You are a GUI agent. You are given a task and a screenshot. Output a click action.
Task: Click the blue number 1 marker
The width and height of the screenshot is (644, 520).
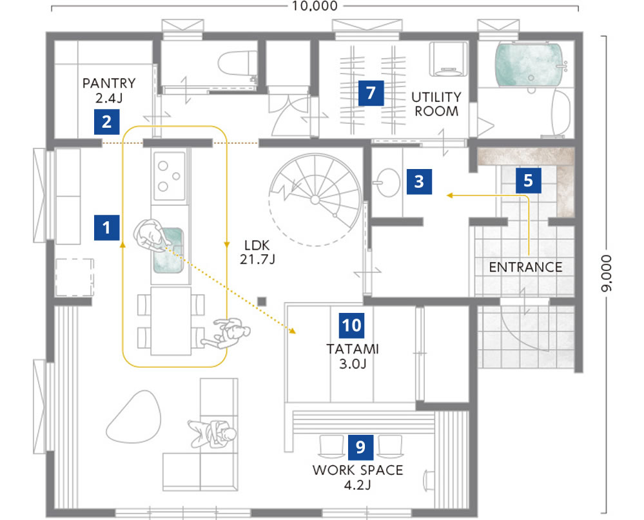coord(107,227)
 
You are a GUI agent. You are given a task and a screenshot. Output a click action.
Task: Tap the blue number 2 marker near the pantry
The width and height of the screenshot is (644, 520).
coord(107,122)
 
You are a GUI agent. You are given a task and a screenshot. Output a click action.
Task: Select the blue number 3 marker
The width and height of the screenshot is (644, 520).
coord(419,181)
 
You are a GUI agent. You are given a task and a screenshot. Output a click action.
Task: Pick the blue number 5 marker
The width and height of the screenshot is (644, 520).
coord(529,181)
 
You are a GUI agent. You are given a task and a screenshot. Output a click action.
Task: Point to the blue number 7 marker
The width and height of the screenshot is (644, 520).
coord(371,93)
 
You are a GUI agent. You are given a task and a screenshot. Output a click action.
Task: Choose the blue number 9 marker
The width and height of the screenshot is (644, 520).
coord(360,447)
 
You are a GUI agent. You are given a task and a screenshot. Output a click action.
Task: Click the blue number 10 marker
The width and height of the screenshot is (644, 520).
coord(351,325)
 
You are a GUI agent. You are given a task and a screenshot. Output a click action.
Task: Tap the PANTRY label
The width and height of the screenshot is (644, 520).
coord(109,83)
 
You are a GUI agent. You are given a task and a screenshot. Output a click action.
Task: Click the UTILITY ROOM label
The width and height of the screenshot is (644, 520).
coord(436,104)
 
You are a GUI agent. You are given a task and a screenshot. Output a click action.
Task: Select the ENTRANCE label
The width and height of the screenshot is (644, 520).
coord(526,267)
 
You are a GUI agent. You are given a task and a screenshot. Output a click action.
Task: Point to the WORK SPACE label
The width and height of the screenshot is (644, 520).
coord(358,470)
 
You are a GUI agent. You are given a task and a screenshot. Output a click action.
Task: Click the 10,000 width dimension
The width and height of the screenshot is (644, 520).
coord(315,6)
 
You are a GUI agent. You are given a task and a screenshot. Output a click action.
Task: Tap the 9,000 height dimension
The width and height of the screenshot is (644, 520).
coord(606,274)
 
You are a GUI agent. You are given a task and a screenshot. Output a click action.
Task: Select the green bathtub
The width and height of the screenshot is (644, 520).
coord(529,65)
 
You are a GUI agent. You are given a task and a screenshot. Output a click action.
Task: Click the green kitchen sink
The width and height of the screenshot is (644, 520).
coord(168,250)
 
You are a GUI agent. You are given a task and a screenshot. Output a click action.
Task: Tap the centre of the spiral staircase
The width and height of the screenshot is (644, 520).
coord(315,200)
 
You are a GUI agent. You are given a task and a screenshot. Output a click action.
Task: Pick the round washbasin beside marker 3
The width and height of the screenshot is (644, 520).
coord(386,182)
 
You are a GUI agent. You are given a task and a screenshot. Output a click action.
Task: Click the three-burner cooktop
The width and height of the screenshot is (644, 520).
coord(169,175)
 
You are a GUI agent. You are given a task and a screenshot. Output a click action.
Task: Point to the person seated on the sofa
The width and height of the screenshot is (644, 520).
coord(213,434)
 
